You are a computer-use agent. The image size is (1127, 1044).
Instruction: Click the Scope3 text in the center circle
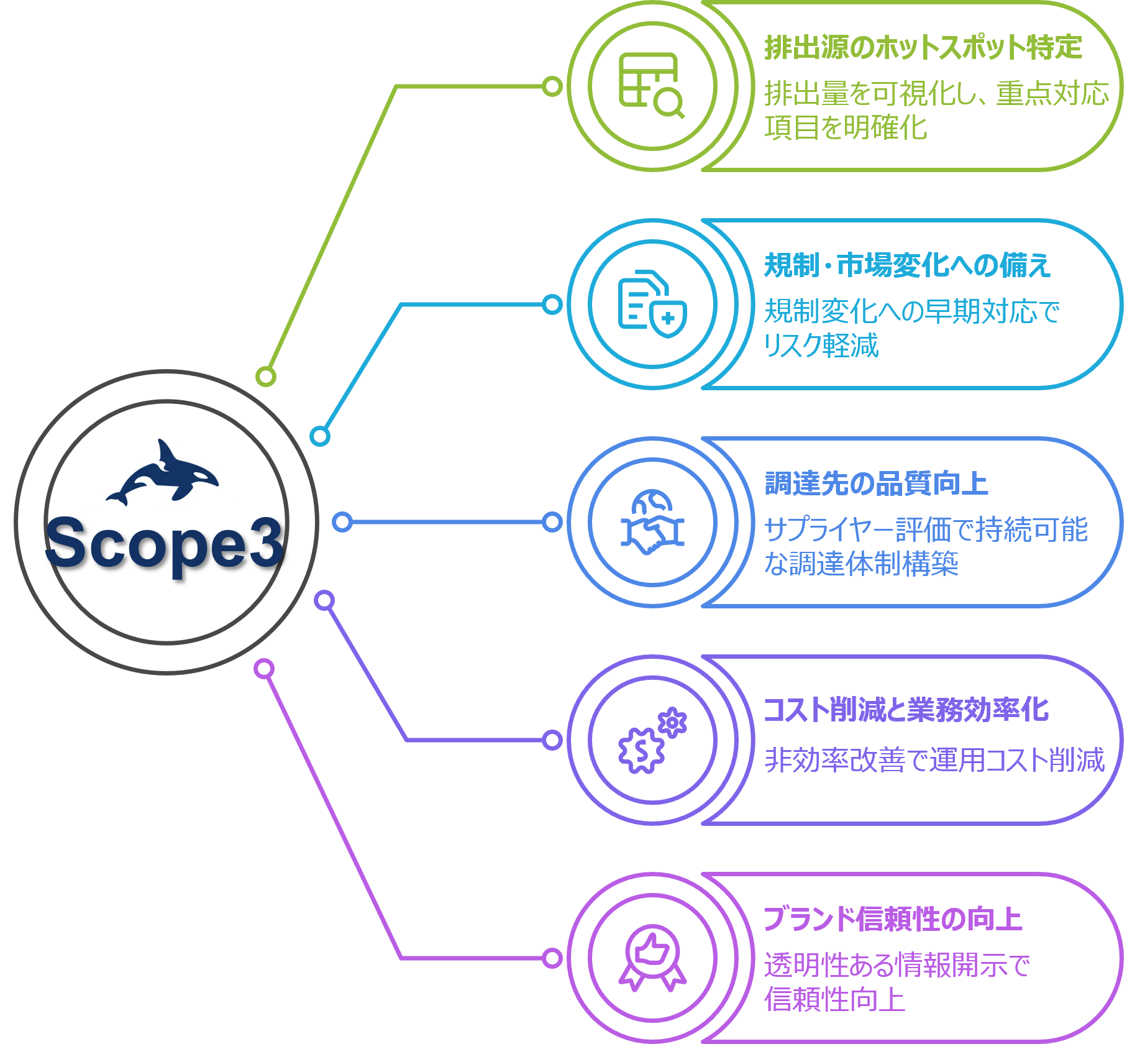(x=165, y=543)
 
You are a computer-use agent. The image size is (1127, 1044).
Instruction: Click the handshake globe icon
(x=652, y=522)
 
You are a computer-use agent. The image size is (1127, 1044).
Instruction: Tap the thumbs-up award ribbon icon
(x=652, y=958)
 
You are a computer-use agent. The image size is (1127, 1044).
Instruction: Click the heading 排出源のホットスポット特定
(x=923, y=48)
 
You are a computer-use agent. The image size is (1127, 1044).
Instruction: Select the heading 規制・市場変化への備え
(x=907, y=265)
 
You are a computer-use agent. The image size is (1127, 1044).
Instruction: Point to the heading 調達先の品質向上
(x=876, y=483)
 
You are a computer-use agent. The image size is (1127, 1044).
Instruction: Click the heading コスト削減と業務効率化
(x=906, y=710)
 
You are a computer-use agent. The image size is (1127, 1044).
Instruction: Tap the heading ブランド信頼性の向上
(x=893, y=919)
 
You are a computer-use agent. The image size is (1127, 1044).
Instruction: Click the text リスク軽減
(x=821, y=346)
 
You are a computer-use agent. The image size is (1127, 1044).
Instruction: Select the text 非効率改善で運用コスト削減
(x=934, y=759)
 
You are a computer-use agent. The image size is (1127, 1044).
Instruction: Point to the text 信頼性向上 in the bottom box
(x=834, y=999)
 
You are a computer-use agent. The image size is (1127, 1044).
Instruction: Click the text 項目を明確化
(x=846, y=128)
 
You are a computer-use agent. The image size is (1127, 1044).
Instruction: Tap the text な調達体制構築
(x=861, y=564)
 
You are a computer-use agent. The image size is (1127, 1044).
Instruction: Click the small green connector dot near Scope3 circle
(x=266, y=377)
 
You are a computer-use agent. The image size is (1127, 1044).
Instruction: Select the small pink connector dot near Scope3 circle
(x=265, y=669)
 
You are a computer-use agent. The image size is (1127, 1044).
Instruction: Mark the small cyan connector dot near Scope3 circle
(x=320, y=436)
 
